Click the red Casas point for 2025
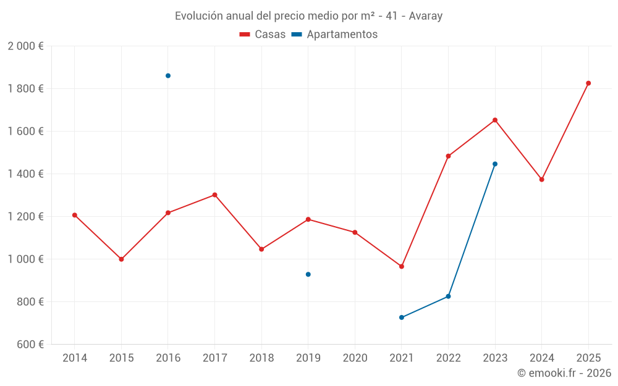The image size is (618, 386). (588, 83)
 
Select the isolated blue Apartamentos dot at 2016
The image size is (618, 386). (168, 76)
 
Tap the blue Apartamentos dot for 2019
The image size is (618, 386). (308, 274)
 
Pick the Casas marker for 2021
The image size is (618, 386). (402, 267)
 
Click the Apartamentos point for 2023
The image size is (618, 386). (495, 164)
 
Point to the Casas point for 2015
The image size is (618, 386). (121, 259)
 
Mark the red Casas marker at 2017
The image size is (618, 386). (214, 195)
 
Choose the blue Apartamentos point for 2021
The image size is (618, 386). (402, 317)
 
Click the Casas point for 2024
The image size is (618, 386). (542, 180)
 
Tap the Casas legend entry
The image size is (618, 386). (263, 35)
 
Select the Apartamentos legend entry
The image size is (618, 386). (334, 35)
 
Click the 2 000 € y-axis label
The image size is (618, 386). (25, 46)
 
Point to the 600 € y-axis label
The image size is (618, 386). (29, 345)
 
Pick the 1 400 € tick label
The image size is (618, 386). (25, 174)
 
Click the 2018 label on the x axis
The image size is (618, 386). (261, 358)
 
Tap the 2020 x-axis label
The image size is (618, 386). (355, 358)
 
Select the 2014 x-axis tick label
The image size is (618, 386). (75, 358)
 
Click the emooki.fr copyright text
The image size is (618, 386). (564, 373)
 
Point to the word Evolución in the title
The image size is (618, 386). (197, 16)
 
